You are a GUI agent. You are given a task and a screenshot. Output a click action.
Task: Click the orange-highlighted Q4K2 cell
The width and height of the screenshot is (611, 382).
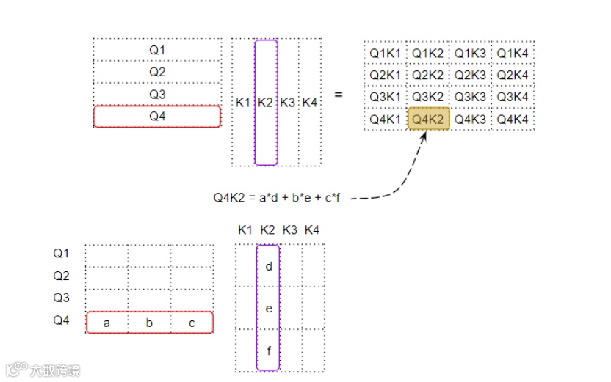coord(427,119)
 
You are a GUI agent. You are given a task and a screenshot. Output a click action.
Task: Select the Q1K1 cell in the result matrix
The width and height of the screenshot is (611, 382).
coord(385,53)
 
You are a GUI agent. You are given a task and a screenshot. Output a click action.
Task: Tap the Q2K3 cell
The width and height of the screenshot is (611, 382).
coord(470,75)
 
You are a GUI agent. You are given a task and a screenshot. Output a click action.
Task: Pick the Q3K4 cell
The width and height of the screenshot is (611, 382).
coord(513,97)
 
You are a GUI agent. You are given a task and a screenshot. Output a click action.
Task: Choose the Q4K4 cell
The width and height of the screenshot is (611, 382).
coord(513,119)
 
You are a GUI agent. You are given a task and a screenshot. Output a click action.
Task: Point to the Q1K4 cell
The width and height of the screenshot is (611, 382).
coord(513,53)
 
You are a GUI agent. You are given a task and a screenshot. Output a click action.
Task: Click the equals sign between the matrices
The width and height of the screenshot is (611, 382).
coord(339,95)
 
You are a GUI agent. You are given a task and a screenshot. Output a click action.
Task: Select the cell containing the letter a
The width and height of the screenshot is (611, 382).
coord(106,323)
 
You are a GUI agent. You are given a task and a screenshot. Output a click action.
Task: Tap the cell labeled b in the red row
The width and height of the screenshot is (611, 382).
coord(149,323)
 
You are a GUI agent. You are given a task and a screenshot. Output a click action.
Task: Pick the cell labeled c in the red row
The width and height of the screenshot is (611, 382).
coord(192,323)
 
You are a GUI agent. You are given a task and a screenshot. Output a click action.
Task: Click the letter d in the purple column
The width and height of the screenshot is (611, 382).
coord(269,266)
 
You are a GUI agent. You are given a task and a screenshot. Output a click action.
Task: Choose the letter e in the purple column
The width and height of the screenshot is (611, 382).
coord(269,309)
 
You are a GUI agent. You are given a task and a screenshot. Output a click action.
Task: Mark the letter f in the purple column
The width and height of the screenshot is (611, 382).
coord(269,350)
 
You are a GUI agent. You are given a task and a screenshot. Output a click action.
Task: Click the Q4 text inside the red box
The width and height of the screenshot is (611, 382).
coord(157,117)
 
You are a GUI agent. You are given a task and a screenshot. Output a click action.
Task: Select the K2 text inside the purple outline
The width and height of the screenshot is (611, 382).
coord(265,103)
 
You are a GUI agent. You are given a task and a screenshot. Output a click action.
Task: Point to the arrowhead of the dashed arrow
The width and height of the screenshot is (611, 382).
coord(423,137)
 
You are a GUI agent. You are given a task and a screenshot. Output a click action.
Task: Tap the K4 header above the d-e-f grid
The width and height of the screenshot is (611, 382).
coord(311,230)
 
